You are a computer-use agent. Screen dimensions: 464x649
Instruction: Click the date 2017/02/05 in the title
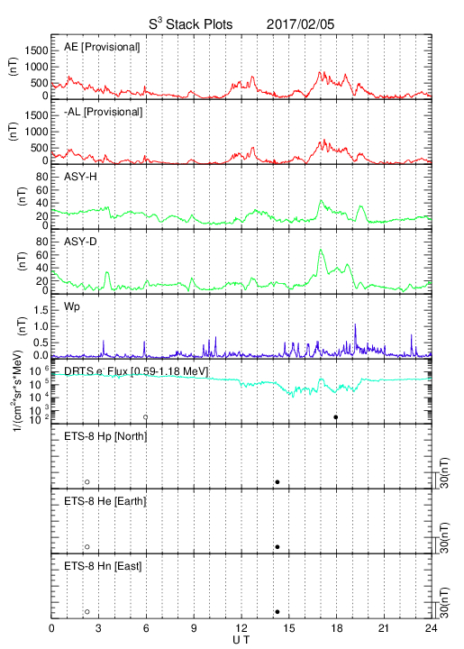pyautogui.click(x=300, y=24)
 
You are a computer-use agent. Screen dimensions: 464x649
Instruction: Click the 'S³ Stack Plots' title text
pyautogui.click(x=191, y=24)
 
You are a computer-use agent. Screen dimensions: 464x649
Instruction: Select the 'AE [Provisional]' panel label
pyautogui.click(x=102, y=47)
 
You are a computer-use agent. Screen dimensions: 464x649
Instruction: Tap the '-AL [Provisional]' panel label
pyautogui.click(x=104, y=112)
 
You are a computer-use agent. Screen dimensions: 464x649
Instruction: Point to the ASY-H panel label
pyautogui.click(x=80, y=177)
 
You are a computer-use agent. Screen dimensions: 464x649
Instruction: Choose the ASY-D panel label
pyautogui.click(x=80, y=242)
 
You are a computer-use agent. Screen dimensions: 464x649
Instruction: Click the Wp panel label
pyautogui.click(x=71, y=307)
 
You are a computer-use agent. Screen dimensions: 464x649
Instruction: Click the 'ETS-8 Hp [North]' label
pyautogui.click(x=105, y=436)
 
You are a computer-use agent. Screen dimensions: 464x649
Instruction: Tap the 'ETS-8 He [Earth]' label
pyautogui.click(x=105, y=501)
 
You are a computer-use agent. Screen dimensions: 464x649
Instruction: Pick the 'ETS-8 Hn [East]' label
pyautogui.click(x=103, y=566)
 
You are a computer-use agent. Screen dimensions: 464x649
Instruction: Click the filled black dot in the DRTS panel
pyautogui.click(x=336, y=417)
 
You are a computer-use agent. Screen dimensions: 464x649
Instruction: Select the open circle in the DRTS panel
pyautogui.click(x=146, y=417)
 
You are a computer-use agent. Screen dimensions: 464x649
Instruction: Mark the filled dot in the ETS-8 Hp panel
pyautogui.click(x=277, y=481)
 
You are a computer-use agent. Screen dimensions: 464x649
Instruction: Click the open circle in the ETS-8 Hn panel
pyautogui.click(x=87, y=612)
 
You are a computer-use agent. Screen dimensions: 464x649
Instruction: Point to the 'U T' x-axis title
pyautogui.click(x=241, y=640)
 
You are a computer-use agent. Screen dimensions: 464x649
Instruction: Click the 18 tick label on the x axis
pyautogui.click(x=337, y=628)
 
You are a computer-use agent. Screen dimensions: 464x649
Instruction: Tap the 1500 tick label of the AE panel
pyautogui.click(x=36, y=50)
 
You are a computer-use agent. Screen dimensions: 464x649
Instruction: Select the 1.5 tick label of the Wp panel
pyautogui.click(x=41, y=310)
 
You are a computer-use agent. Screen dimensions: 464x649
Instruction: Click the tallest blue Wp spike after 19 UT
pyautogui.click(x=355, y=324)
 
